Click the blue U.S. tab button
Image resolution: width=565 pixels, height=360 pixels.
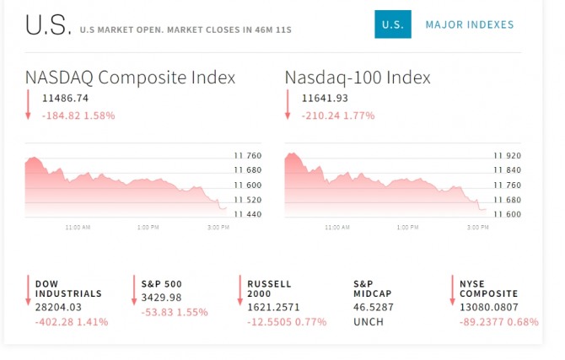point(392,24)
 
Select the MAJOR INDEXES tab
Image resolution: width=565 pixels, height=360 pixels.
point(470,24)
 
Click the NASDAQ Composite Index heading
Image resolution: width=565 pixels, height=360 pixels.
point(130,78)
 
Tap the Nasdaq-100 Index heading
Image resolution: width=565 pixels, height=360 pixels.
point(358,78)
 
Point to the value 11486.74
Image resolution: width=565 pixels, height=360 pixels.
point(65,99)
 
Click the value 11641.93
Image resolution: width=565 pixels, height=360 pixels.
point(325,99)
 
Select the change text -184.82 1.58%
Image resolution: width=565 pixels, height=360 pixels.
point(78,116)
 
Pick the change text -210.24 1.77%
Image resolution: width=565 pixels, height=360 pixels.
point(338,116)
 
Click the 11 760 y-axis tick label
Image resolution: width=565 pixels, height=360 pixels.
point(247,155)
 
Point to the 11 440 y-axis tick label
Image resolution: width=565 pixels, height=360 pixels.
point(247,214)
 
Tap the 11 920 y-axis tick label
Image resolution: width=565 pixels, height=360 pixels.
point(507,155)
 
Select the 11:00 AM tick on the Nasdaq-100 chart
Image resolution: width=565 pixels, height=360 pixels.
point(337,227)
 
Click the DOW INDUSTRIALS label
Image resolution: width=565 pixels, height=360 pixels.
point(68,288)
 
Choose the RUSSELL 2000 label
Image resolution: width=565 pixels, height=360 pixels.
point(269,288)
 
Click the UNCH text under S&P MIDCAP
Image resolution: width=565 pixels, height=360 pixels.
point(368,322)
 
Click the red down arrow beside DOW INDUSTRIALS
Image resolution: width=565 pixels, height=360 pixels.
point(28,290)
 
